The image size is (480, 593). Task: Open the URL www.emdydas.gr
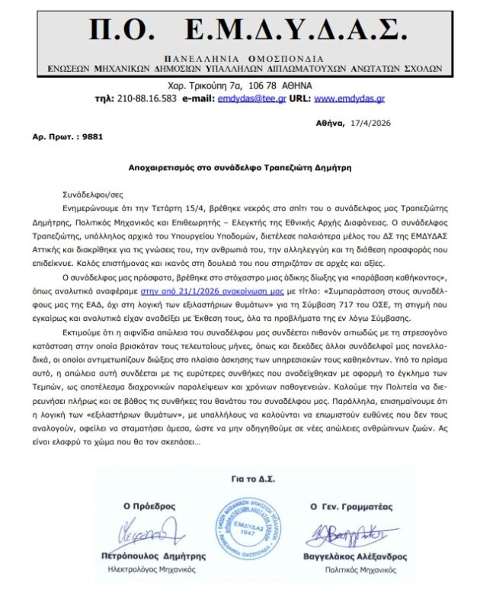pos(350,98)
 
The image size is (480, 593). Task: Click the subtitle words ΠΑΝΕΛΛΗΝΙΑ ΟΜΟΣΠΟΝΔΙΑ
pos(243,59)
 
